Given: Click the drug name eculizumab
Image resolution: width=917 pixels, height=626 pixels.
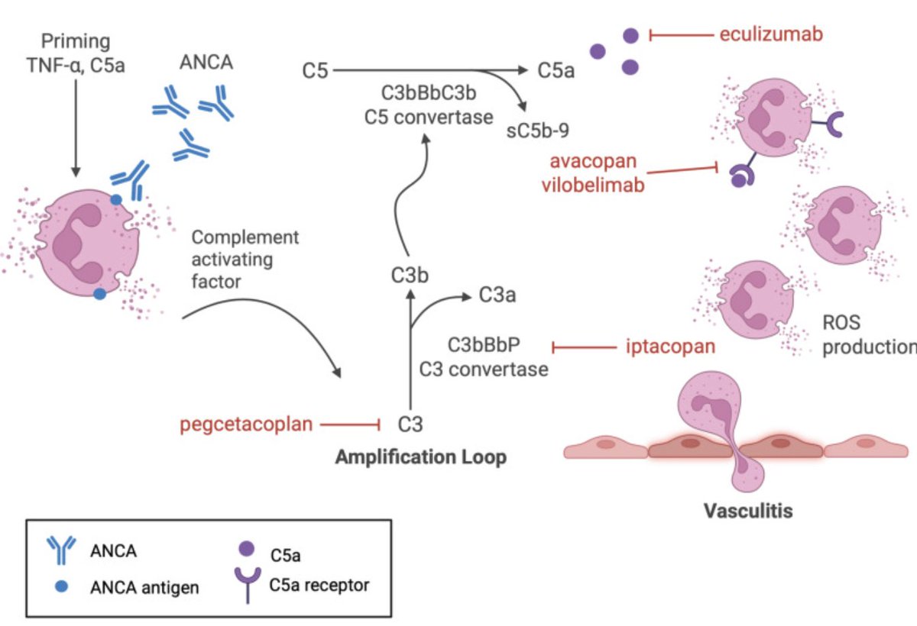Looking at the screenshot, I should click(771, 34).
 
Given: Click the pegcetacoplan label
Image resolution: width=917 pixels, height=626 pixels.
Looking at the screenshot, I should click(247, 424).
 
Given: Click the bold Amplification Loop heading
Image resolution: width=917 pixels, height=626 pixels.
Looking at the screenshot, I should click(420, 458).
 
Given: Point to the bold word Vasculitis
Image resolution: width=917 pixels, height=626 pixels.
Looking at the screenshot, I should click(747, 510).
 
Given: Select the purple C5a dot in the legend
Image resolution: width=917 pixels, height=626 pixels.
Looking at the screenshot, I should click(246, 548).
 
